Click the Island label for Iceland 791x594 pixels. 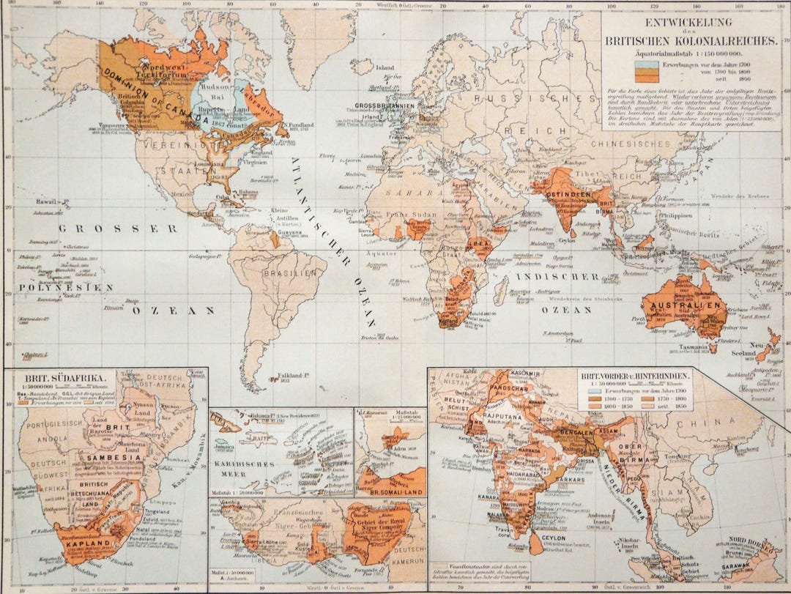point(385,67)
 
